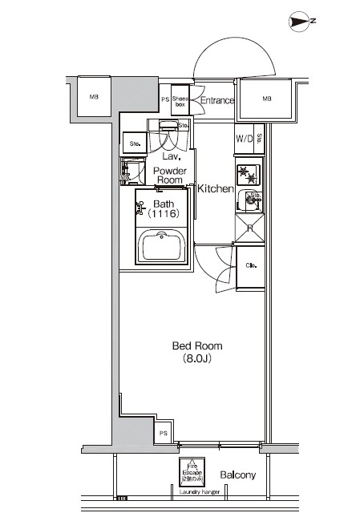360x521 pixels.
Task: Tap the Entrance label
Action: [x=216, y=101]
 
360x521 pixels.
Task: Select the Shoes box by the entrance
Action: [x=180, y=101]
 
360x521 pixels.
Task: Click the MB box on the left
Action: [x=94, y=98]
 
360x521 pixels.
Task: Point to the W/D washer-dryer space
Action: [x=244, y=139]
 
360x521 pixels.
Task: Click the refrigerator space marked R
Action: [x=249, y=228]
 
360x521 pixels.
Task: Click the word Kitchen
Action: [x=216, y=190]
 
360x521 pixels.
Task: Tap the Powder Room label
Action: [x=169, y=176]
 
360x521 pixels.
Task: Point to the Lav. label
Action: [x=170, y=158]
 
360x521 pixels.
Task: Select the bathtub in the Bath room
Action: [x=163, y=245]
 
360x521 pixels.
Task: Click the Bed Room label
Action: [x=197, y=346]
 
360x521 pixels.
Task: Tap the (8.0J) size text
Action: [x=197, y=359]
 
